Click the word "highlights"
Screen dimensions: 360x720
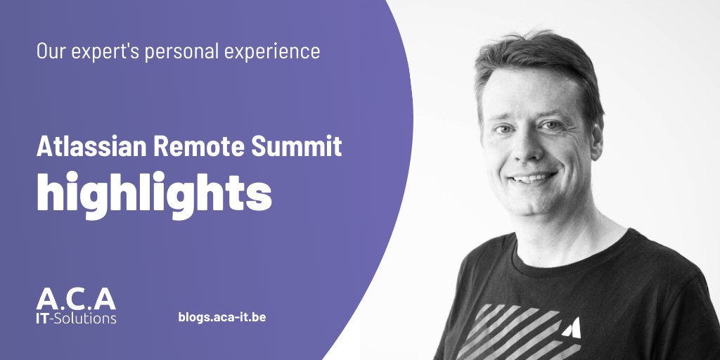(x=154, y=191)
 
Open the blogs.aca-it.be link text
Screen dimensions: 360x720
(x=222, y=317)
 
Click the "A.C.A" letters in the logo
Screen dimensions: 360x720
(x=76, y=300)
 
